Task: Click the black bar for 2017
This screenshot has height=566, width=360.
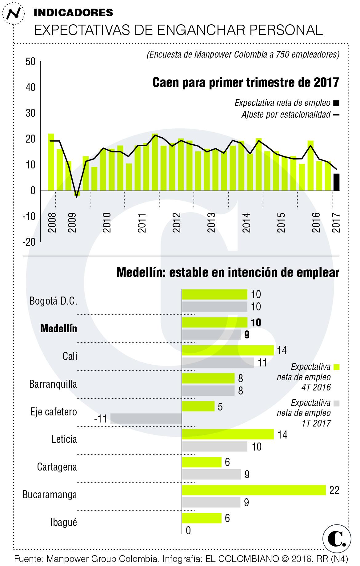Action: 336,182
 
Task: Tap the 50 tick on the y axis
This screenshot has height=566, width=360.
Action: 30,62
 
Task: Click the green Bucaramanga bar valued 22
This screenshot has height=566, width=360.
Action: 254,490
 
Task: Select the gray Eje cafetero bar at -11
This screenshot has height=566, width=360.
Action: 146,418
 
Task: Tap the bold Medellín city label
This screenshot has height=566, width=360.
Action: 59,329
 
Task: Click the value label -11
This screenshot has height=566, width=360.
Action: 100,419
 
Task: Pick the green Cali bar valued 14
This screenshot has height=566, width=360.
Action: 228,350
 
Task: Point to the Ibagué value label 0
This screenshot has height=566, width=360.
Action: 188,531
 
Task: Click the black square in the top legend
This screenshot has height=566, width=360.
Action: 336,103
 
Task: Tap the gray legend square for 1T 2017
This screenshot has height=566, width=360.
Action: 336,403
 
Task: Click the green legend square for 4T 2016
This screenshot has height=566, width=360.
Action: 337,367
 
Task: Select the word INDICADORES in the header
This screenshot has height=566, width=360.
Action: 73,12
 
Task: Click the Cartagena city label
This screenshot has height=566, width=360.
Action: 57,467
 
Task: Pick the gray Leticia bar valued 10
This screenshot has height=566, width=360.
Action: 214,446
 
